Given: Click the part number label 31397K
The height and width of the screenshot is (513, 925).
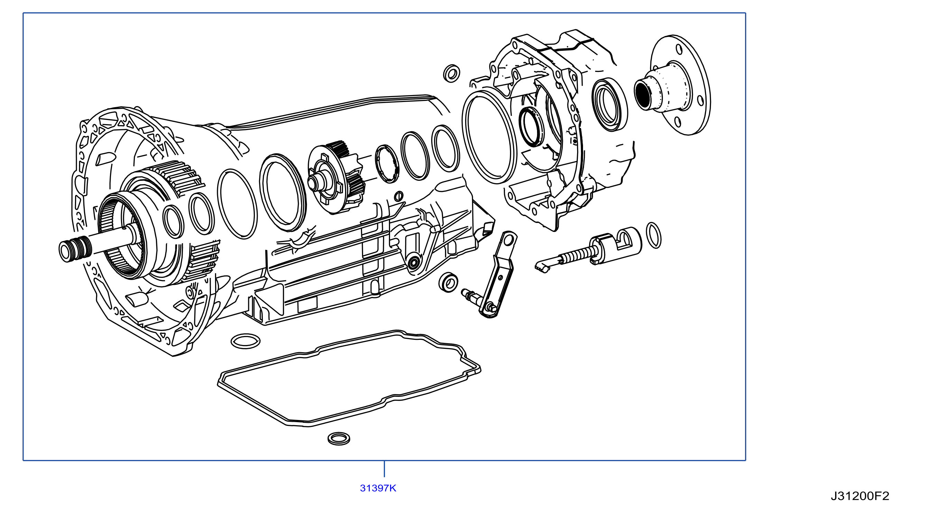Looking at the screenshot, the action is pos(378,488).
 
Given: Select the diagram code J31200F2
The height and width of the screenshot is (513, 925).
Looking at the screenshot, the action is pos(860,496).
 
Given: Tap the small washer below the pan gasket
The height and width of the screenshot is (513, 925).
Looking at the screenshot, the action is pos(339,438).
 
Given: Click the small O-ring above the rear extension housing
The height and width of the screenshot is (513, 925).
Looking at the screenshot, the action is pos(452,73).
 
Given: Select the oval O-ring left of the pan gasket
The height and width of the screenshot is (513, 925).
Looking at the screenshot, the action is pos(245,341).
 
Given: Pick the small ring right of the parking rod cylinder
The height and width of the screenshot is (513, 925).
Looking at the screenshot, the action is pos(654,235).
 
